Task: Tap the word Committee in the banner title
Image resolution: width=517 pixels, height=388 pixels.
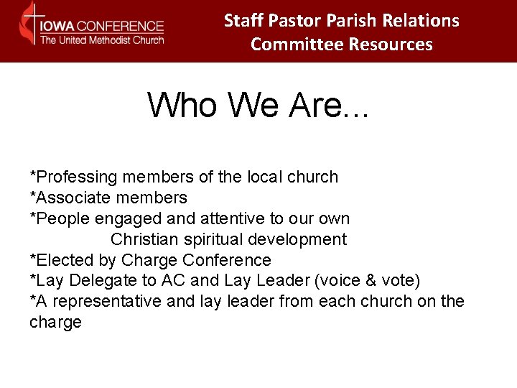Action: (x=297, y=45)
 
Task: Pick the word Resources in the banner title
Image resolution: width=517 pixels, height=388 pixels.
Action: (x=391, y=45)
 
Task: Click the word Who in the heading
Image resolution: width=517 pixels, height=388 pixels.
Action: (x=182, y=105)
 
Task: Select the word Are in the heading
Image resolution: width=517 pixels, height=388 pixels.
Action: (x=321, y=105)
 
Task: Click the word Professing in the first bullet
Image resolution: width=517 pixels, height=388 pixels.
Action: (x=75, y=177)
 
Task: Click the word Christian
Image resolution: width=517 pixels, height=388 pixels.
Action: (x=146, y=239)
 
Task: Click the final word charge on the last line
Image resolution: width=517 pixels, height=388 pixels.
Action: (x=55, y=323)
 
